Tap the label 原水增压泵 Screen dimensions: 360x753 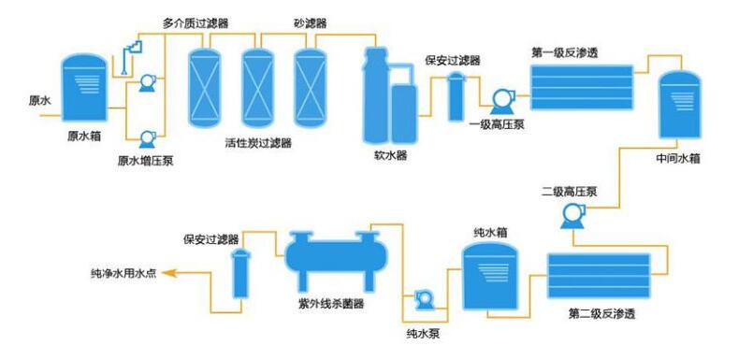[x=145, y=160]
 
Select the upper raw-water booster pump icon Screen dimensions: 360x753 [x=147, y=84]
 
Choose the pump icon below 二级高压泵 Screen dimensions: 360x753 [x=572, y=216]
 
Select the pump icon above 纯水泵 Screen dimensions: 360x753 [x=423, y=299]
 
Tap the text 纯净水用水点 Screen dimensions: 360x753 [x=123, y=274]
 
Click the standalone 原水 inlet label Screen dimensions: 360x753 [x=41, y=100]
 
